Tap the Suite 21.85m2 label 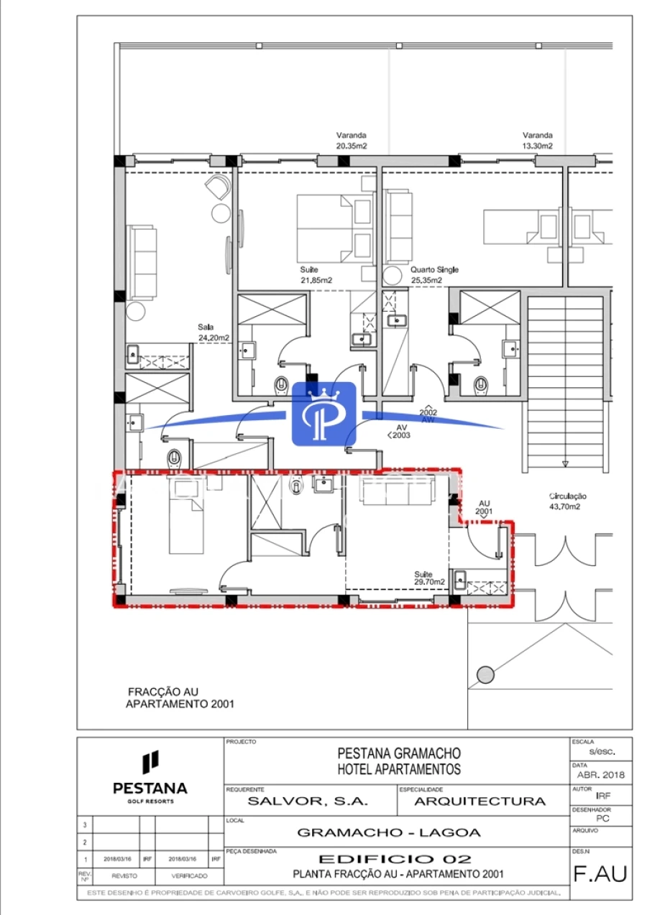click(x=316, y=275)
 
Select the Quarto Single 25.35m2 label click(x=434, y=275)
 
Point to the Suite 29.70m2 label click(x=429, y=578)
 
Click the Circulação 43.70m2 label click(x=568, y=501)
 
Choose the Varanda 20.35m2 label click(x=352, y=140)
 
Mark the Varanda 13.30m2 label click(x=538, y=140)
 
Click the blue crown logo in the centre click(x=323, y=414)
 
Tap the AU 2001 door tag click(x=484, y=508)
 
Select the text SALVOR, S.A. click(x=308, y=801)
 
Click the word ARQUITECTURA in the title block click(x=480, y=801)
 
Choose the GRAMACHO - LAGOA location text click(x=389, y=833)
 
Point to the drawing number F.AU click(x=600, y=874)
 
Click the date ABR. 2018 click(x=602, y=775)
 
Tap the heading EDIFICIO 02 click(x=395, y=859)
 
